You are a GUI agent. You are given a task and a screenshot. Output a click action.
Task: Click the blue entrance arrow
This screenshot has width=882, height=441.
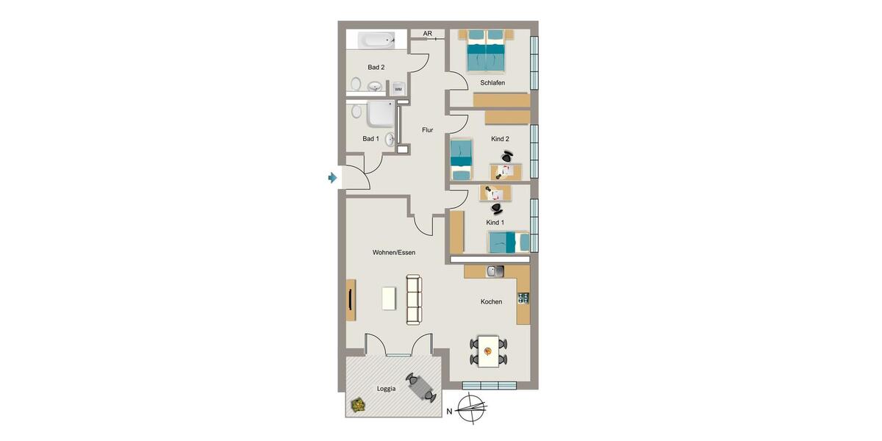(332, 178)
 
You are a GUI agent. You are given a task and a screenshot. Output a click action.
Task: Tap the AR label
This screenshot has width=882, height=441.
(427, 34)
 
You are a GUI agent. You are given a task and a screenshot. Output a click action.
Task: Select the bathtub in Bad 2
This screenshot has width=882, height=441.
(376, 40)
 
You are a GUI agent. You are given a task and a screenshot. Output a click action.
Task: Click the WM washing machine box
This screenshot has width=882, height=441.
(398, 88)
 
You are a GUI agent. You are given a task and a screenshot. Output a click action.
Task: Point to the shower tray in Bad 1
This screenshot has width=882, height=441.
(381, 115)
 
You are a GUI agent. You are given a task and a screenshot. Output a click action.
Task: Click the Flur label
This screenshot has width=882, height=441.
(427, 130)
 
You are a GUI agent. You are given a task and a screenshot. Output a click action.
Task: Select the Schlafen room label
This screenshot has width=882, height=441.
(492, 83)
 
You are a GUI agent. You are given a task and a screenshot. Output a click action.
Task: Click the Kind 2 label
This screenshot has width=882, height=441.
(500, 138)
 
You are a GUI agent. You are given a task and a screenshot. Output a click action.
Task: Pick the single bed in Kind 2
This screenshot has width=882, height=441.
(461, 159)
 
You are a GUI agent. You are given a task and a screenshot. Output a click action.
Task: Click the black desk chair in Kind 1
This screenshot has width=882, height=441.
(497, 209)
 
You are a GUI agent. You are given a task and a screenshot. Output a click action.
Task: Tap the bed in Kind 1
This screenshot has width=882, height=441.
(508, 241)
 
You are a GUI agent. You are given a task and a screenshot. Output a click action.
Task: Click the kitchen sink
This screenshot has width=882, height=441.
(495, 271)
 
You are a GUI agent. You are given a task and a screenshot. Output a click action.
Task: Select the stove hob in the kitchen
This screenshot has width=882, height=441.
(523, 298)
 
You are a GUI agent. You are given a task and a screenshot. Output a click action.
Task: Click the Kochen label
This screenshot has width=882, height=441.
(491, 301)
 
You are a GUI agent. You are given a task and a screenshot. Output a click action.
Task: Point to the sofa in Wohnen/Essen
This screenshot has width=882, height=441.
(415, 299)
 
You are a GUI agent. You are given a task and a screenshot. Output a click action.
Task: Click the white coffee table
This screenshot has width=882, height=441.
(390, 298)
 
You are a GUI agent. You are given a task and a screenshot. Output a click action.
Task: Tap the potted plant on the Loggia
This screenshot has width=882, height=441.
(358, 404)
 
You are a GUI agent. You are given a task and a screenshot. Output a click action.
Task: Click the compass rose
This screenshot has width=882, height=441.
(472, 408)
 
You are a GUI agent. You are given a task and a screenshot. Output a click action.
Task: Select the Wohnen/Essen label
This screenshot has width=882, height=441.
(394, 252)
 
